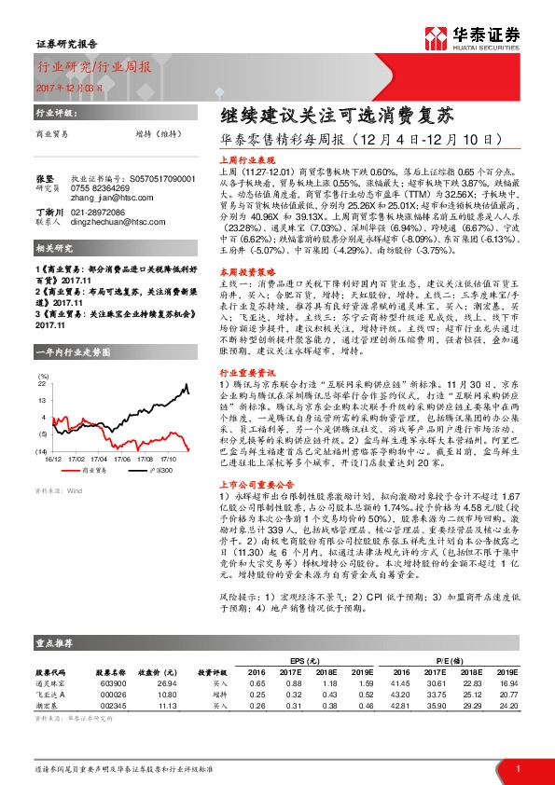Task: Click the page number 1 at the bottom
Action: tap(516, 767)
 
